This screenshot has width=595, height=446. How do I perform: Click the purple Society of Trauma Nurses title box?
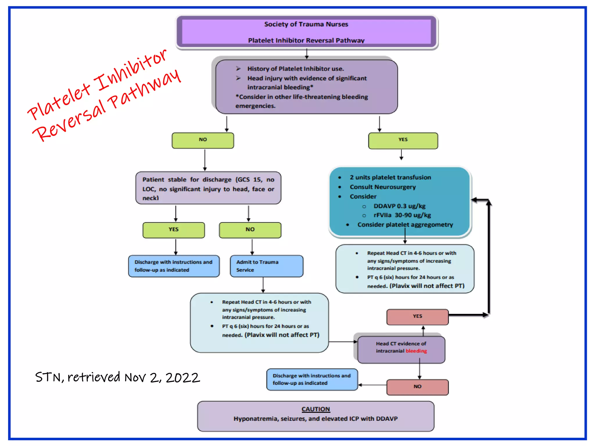click(x=306, y=32)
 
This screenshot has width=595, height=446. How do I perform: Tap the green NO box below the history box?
click(x=203, y=140)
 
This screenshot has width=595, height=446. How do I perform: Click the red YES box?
click(x=417, y=316)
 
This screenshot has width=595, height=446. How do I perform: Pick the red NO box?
click(x=417, y=387)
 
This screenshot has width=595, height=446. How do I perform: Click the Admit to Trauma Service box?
click(x=266, y=266)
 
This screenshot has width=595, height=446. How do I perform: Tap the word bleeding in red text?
click(x=416, y=351)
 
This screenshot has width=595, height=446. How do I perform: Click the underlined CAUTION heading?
click(x=316, y=409)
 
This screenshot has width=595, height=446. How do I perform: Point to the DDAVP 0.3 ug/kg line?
click(x=399, y=206)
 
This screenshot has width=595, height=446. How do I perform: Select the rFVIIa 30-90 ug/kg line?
click(x=402, y=215)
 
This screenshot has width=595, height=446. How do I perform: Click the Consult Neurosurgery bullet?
click(x=382, y=187)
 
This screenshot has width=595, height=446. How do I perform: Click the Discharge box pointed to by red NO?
click(x=312, y=380)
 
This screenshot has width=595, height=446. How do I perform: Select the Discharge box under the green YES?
click(x=174, y=266)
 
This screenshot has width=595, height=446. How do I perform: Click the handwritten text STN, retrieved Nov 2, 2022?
click(x=118, y=377)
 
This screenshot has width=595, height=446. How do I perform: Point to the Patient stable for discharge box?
click(x=208, y=188)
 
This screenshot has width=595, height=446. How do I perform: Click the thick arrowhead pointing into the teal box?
click(x=475, y=200)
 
